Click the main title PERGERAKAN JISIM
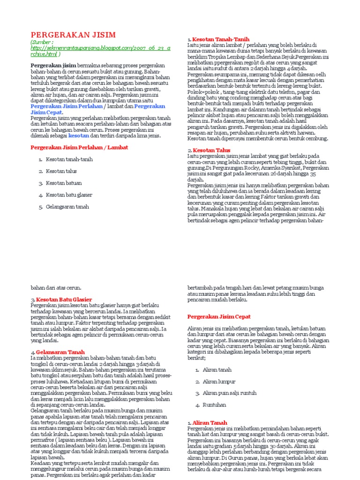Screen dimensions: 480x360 [x=73, y=35]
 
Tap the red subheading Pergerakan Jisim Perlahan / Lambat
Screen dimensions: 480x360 [x=79, y=147]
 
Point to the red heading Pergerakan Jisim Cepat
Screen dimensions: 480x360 [x=219, y=316]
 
